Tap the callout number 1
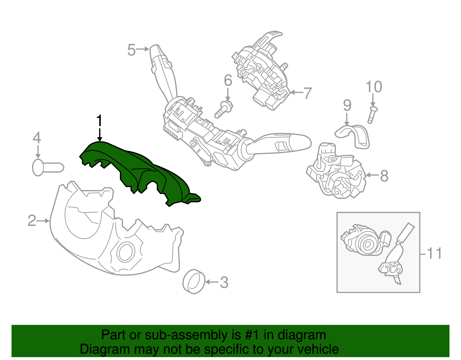click(x=99, y=121)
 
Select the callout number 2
click(x=32, y=221)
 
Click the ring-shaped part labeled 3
click(x=194, y=282)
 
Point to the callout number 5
click(x=131, y=50)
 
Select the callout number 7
click(x=308, y=93)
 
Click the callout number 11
click(x=434, y=254)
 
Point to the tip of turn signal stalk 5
click(x=155, y=49)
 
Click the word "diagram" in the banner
click(x=302, y=335)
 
